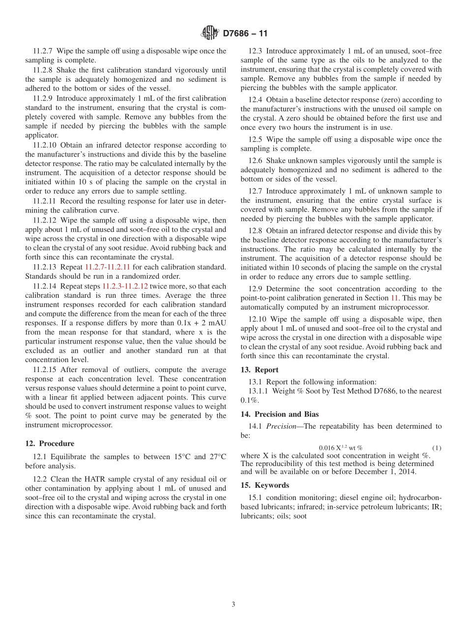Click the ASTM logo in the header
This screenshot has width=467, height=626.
point(210,33)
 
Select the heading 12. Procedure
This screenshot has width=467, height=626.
point(50,443)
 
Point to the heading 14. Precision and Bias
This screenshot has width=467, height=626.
point(280,414)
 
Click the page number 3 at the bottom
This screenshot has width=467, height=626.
point(233,604)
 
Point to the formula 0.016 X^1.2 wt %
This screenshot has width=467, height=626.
point(341,448)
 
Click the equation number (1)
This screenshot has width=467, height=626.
point(437,448)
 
